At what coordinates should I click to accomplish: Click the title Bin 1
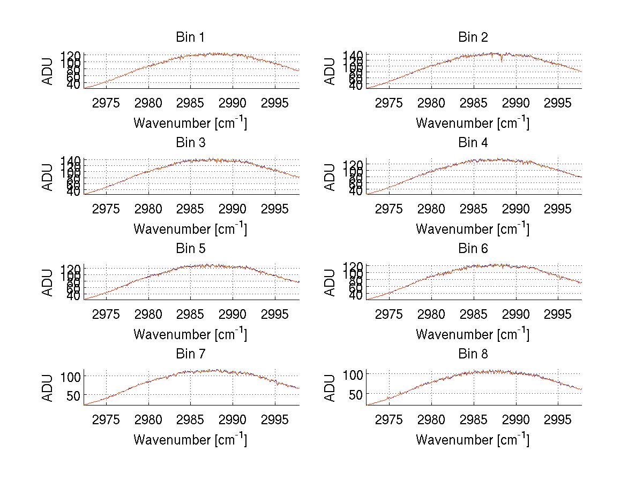190,37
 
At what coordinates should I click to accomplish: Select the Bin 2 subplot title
473,37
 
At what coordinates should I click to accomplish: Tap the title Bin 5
190,249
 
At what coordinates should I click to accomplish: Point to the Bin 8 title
473,354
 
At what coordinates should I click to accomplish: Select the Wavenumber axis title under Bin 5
190,334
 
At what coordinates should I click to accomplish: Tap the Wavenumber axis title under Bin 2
473,123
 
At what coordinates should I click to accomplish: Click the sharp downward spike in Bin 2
502,60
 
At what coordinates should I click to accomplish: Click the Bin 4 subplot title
473,143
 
